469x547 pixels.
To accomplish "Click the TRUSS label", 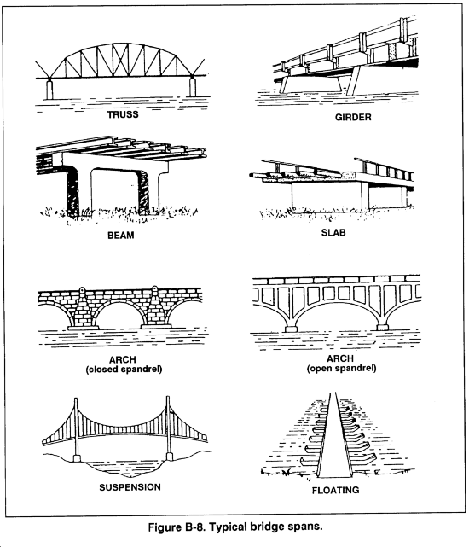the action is tap(123, 114).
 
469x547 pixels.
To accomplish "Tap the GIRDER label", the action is tap(353, 117).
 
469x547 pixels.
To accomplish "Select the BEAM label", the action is tap(120, 236).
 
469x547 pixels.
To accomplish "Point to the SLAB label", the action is tap(333, 232).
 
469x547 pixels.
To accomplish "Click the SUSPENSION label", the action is tap(130, 487).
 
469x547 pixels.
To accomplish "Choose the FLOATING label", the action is tap(335, 490).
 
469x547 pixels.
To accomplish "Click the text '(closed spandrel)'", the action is tap(124, 370).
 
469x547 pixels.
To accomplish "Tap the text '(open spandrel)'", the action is tap(341, 368).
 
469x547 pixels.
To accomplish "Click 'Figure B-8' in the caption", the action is tap(177, 527).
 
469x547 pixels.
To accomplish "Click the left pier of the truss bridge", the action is tap(49, 90).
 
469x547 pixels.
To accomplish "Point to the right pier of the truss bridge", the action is tap(192, 87).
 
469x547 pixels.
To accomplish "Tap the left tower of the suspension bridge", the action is tap(76, 430).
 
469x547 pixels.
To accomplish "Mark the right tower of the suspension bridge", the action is tap(169, 428).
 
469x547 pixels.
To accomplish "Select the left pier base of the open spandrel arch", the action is tap(291, 329).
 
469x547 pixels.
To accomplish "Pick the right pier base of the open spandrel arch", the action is tap(382, 328).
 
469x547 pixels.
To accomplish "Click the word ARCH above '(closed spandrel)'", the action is tap(123, 359).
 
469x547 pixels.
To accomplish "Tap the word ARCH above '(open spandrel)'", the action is tap(340, 358).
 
